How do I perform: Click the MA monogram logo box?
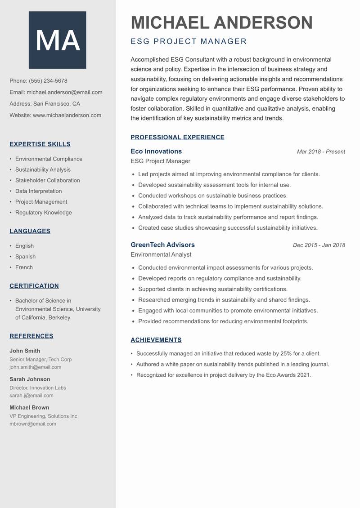pyautogui.click(x=57, y=40)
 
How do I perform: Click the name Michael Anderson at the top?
pyautogui.click(x=221, y=22)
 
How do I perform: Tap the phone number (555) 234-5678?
pyautogui.click(x=48, y=81)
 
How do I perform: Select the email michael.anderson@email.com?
pyautogui.click(x=64, y=92)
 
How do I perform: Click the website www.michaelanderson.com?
pyautogui.click(x=67, y=115)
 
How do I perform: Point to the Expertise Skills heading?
pyautogui.click(x=40, y=144)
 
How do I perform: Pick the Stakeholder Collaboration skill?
pyautogui.click(x=47, y=180)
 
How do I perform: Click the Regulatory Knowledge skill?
pyautogui.click(x=43, y=213)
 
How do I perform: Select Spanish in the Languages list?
pyautogui.click(x=25, y=257)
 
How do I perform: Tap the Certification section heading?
pyautogui.click(x=34, y=286)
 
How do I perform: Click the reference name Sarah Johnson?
pyautogui.click(x=30, y=379)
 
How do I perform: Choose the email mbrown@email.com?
pyautogui.click(x=33, y=423)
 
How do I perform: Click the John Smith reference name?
pyautogui.click(x=25, y=351)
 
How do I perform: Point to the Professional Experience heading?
pyautogui.click(x=177, y=138)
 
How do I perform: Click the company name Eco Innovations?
pyautogui.click(x=156, y=152)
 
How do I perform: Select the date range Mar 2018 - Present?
pyautogui.click(x=321, y=152)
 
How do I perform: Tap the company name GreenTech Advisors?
pyautogui.click(x=162, y=245)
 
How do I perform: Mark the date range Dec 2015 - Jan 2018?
pyautogui.click(x=319, y=245)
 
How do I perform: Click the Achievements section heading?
pyautogui.click(x=156, y=340)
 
